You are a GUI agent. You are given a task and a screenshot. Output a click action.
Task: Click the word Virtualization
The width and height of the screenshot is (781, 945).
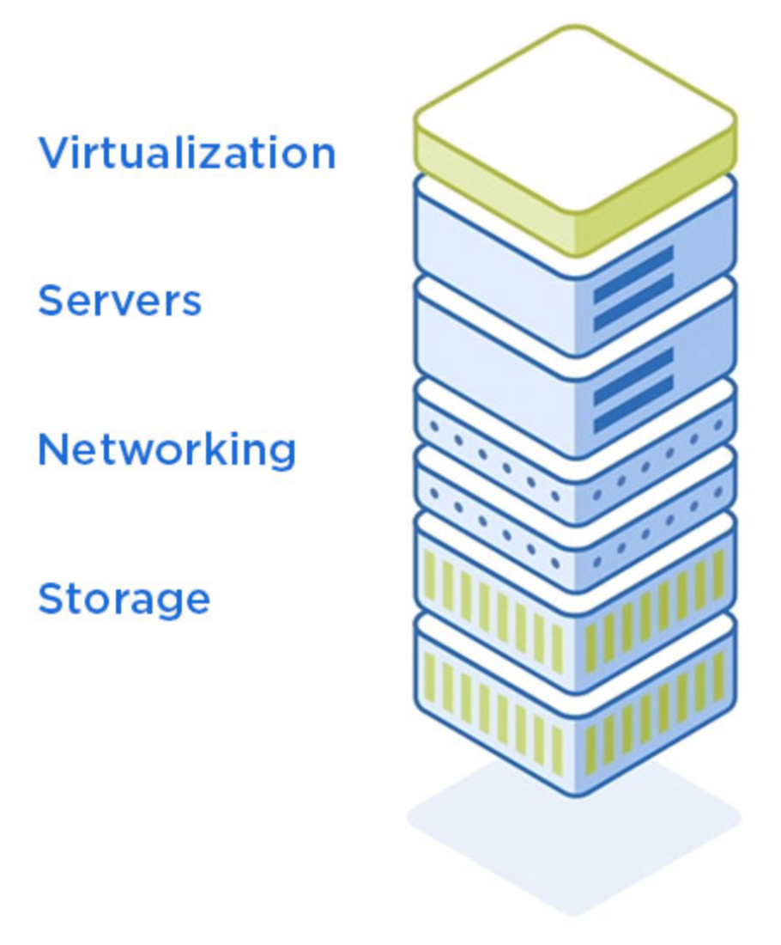point(187,152)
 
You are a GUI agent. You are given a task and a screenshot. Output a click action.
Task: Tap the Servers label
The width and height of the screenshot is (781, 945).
point(120,301)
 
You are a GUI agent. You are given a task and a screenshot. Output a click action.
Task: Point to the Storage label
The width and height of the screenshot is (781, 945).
point(124,599)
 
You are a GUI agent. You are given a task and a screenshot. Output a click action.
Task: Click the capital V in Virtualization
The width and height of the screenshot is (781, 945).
point(53,152)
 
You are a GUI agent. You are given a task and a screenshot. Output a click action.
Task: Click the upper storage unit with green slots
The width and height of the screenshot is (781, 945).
point(575,601)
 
